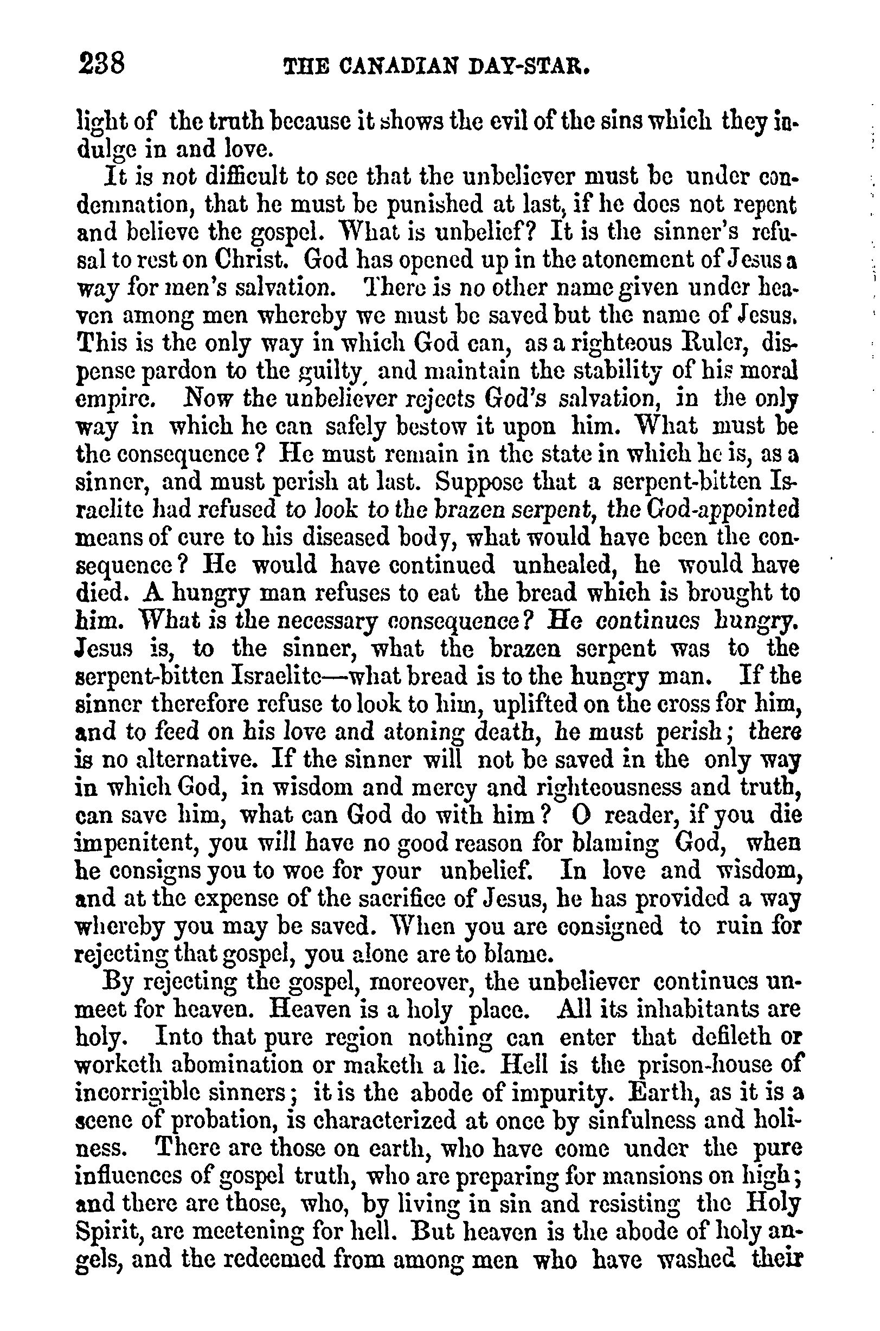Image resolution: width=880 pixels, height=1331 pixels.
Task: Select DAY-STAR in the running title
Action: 536,67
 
